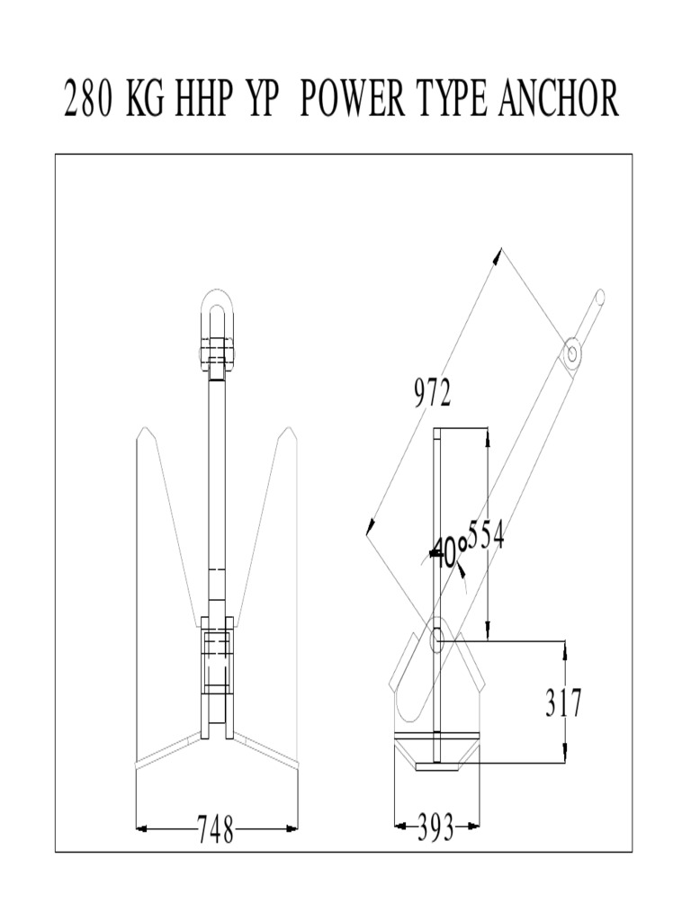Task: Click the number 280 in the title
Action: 89,99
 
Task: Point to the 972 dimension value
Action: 433,393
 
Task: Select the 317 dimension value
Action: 563,702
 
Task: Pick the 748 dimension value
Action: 216,829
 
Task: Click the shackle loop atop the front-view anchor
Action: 217,310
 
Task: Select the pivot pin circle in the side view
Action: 437,640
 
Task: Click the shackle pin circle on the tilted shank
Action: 571,352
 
